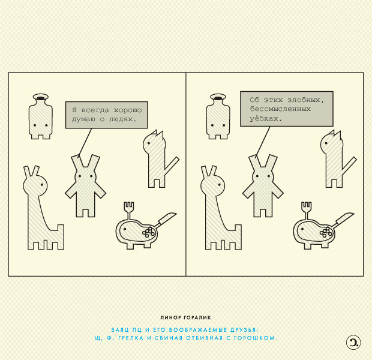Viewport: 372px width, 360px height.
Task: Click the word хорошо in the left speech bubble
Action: coord(128,110)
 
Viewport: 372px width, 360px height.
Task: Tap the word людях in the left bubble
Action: coord(121,119)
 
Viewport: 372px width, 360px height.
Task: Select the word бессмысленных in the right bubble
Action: coord(280,109)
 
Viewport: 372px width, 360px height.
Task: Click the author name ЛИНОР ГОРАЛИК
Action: coord(185,317)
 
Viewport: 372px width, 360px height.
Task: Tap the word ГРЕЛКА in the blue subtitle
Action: coord(131,338)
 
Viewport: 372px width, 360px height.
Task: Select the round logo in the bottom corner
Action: coord(353,343)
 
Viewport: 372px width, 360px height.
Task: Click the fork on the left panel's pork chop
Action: coord(129,211)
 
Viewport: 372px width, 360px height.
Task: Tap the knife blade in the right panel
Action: coord(346,217)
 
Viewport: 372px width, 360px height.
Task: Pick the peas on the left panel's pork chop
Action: coord(149,232)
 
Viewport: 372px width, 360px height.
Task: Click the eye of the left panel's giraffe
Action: coord(42,185)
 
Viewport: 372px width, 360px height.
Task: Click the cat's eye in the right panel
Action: coord(326,143)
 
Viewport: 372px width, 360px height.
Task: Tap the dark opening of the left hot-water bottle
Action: coord(41,98)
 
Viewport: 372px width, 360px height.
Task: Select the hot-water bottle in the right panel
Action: coord(218,116)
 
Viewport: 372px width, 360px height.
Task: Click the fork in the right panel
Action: coord(306,211)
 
